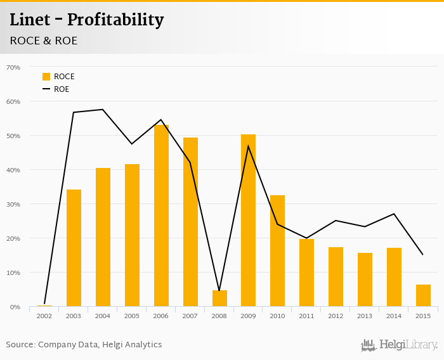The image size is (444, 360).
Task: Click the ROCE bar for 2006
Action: (x=161, y=215)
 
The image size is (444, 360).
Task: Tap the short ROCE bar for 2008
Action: (x=219, y=299)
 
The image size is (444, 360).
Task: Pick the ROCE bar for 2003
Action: (x=74, y=248)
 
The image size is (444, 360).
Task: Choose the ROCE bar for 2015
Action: (x=423, y=295)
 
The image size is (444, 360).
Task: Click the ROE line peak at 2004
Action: (x=103, y=110)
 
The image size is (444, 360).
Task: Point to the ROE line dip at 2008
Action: (x=219, y=290)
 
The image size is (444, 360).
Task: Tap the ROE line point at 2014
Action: (x=394, y=214)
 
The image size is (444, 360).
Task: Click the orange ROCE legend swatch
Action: (x=46, y=77)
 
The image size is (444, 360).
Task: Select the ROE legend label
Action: (x=62, y=89)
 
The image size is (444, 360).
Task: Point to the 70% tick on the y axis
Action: (x=13, y=67)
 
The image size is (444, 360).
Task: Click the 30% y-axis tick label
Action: (x=13, y=204)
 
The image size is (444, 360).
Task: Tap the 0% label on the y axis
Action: (x=15, y=307)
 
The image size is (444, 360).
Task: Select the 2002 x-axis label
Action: (x=44, y=316)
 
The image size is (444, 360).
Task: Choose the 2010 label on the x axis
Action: (x=277, y=316)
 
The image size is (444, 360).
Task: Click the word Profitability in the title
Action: (x=115, y=20)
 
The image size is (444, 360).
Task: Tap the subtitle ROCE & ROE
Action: (x=44, y=41)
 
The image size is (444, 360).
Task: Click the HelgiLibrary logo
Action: (x=400, y=345)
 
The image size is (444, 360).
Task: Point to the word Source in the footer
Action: (x=20, y=345)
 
